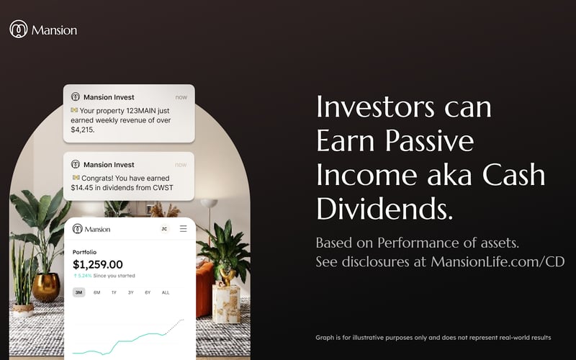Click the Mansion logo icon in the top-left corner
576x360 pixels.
coord(18,30)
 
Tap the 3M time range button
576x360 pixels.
coord(78,292)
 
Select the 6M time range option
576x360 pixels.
coord(96,292)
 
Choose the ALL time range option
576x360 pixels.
coord(166,292)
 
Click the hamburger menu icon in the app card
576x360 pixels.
coord(184,229)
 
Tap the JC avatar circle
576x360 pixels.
coord(164,229)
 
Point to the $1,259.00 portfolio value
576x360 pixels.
coord(98,265)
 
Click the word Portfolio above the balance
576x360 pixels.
coord(86,252)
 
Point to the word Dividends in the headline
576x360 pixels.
coord(384,208)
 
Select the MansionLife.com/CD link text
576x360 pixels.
coord(498,262)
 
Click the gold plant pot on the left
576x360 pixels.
coord(46,287)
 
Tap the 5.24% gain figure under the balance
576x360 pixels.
coord(85,276)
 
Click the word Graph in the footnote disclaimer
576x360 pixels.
coord(324,337)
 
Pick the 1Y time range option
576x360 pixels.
coord(114,292)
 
